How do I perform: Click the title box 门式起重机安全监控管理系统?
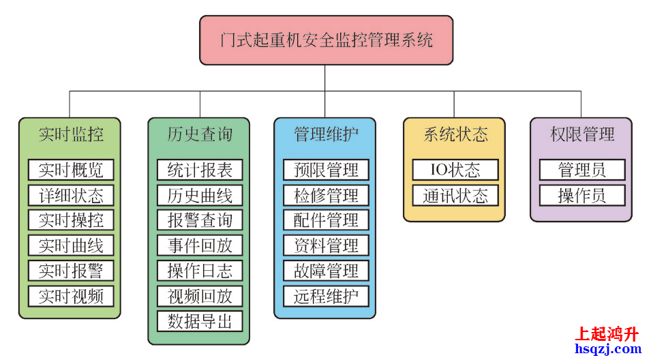click(x=326, y=40)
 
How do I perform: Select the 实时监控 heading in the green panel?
click(x=70, y=134)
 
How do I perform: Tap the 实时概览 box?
click(x=71, y=170)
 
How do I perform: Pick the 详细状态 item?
click(x=71, y=195)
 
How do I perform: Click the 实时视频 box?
click(x=71, y=296)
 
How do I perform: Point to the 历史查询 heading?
click(x=200, y=134)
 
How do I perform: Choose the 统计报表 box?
click(x=200, y=170)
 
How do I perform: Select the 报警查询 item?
click(x=200, y=220)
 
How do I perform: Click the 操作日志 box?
click(x=200, y=271)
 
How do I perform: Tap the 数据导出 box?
click(x=200, y=321)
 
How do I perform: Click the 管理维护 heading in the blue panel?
click(x=326, y=134)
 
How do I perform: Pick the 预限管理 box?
click(x=326, y=170)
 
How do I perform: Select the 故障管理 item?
click(x=326, y=271)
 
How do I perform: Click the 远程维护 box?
click(x=326, y=296)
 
